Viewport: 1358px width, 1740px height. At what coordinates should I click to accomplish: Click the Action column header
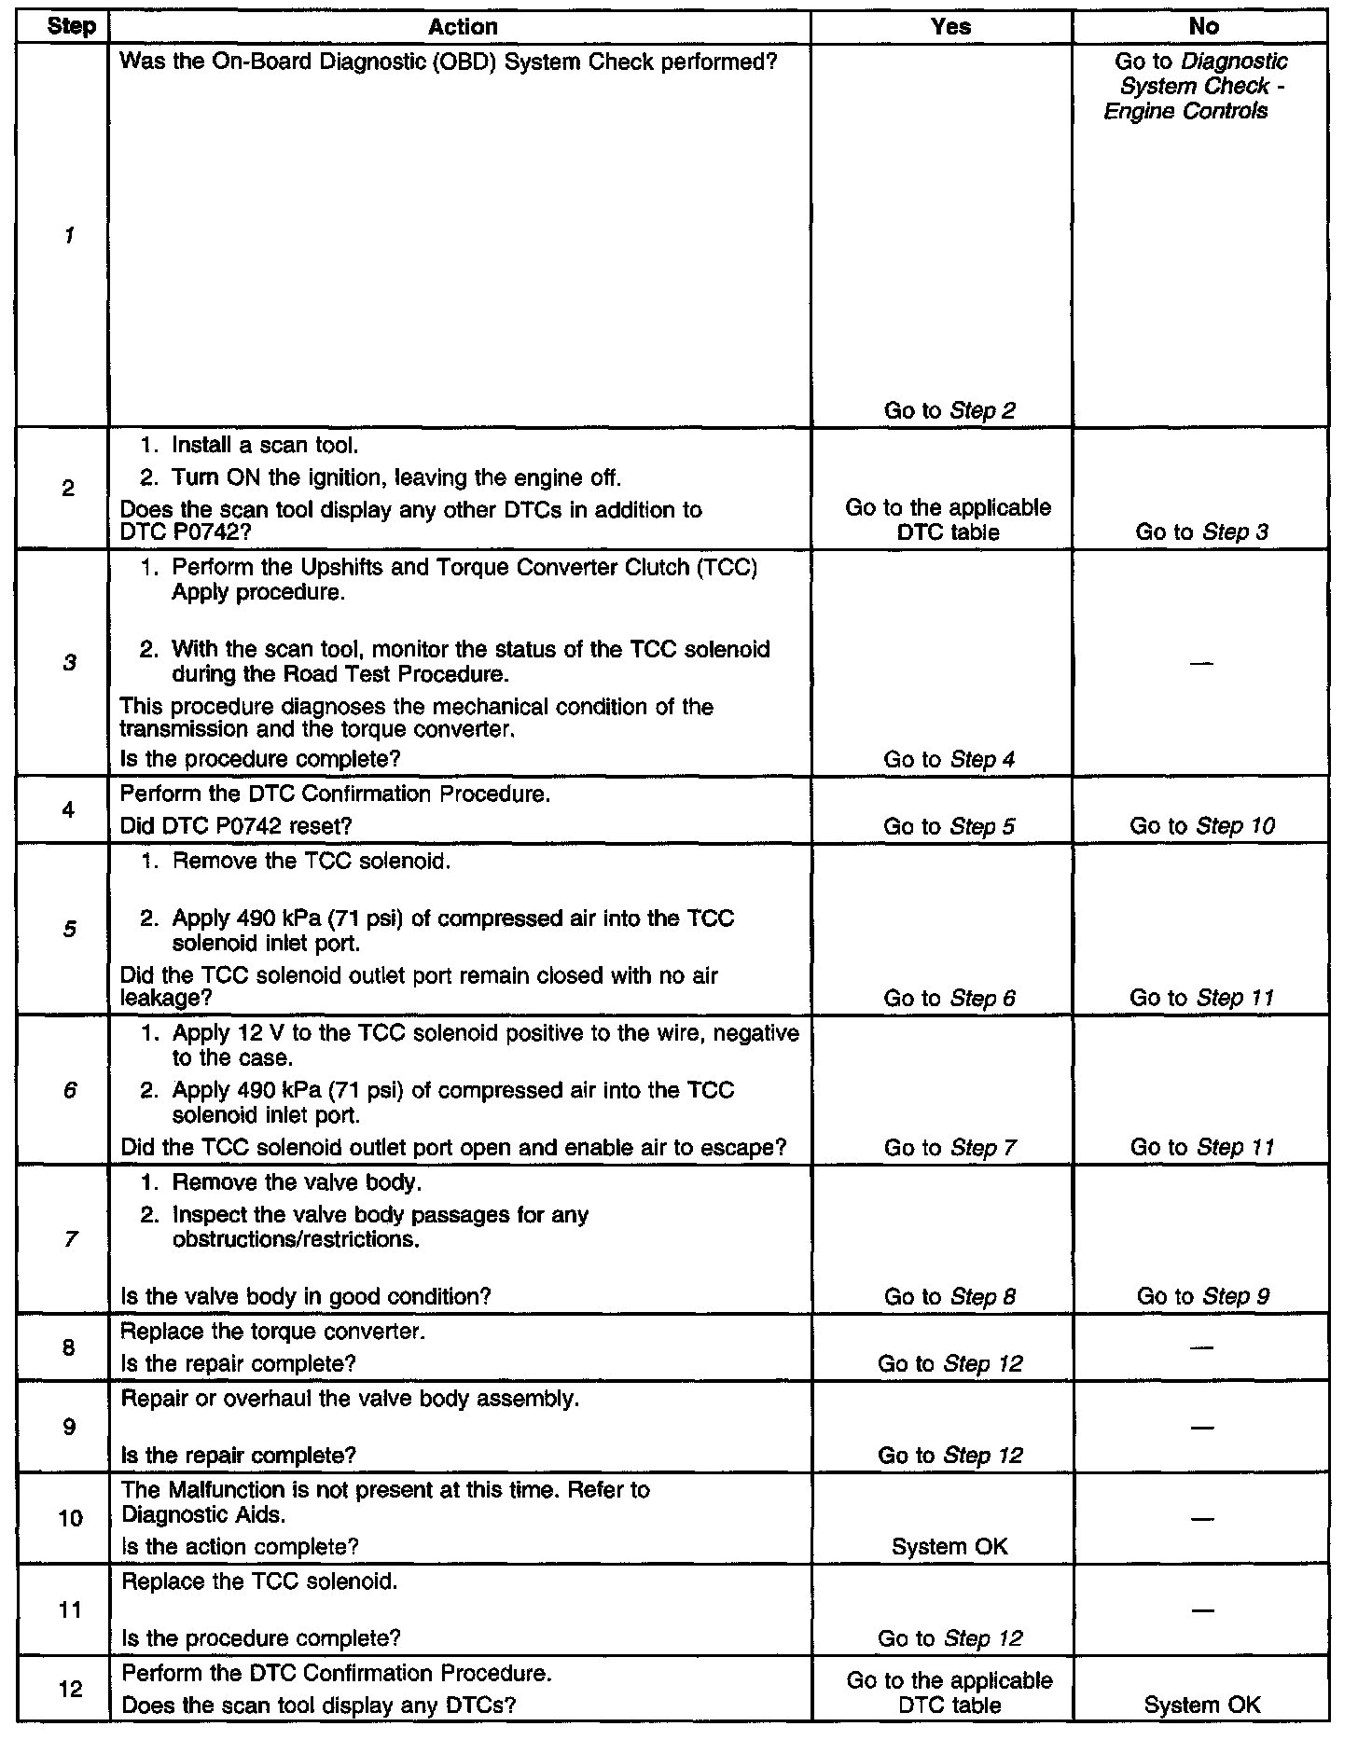463,27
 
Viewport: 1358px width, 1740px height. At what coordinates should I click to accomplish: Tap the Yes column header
950,27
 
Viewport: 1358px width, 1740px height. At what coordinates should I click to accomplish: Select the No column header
1203,27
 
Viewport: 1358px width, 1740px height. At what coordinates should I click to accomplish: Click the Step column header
71,27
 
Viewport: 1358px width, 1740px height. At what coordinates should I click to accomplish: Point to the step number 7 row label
70,1239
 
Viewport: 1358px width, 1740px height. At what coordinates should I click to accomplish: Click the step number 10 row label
70,1519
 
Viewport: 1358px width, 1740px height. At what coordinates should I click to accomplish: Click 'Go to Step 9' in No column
1203,1296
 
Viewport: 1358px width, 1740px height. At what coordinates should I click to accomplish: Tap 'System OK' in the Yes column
949,1547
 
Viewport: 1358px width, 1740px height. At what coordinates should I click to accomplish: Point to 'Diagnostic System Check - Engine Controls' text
1194,87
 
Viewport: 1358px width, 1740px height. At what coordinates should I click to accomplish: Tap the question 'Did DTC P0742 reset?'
236,826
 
